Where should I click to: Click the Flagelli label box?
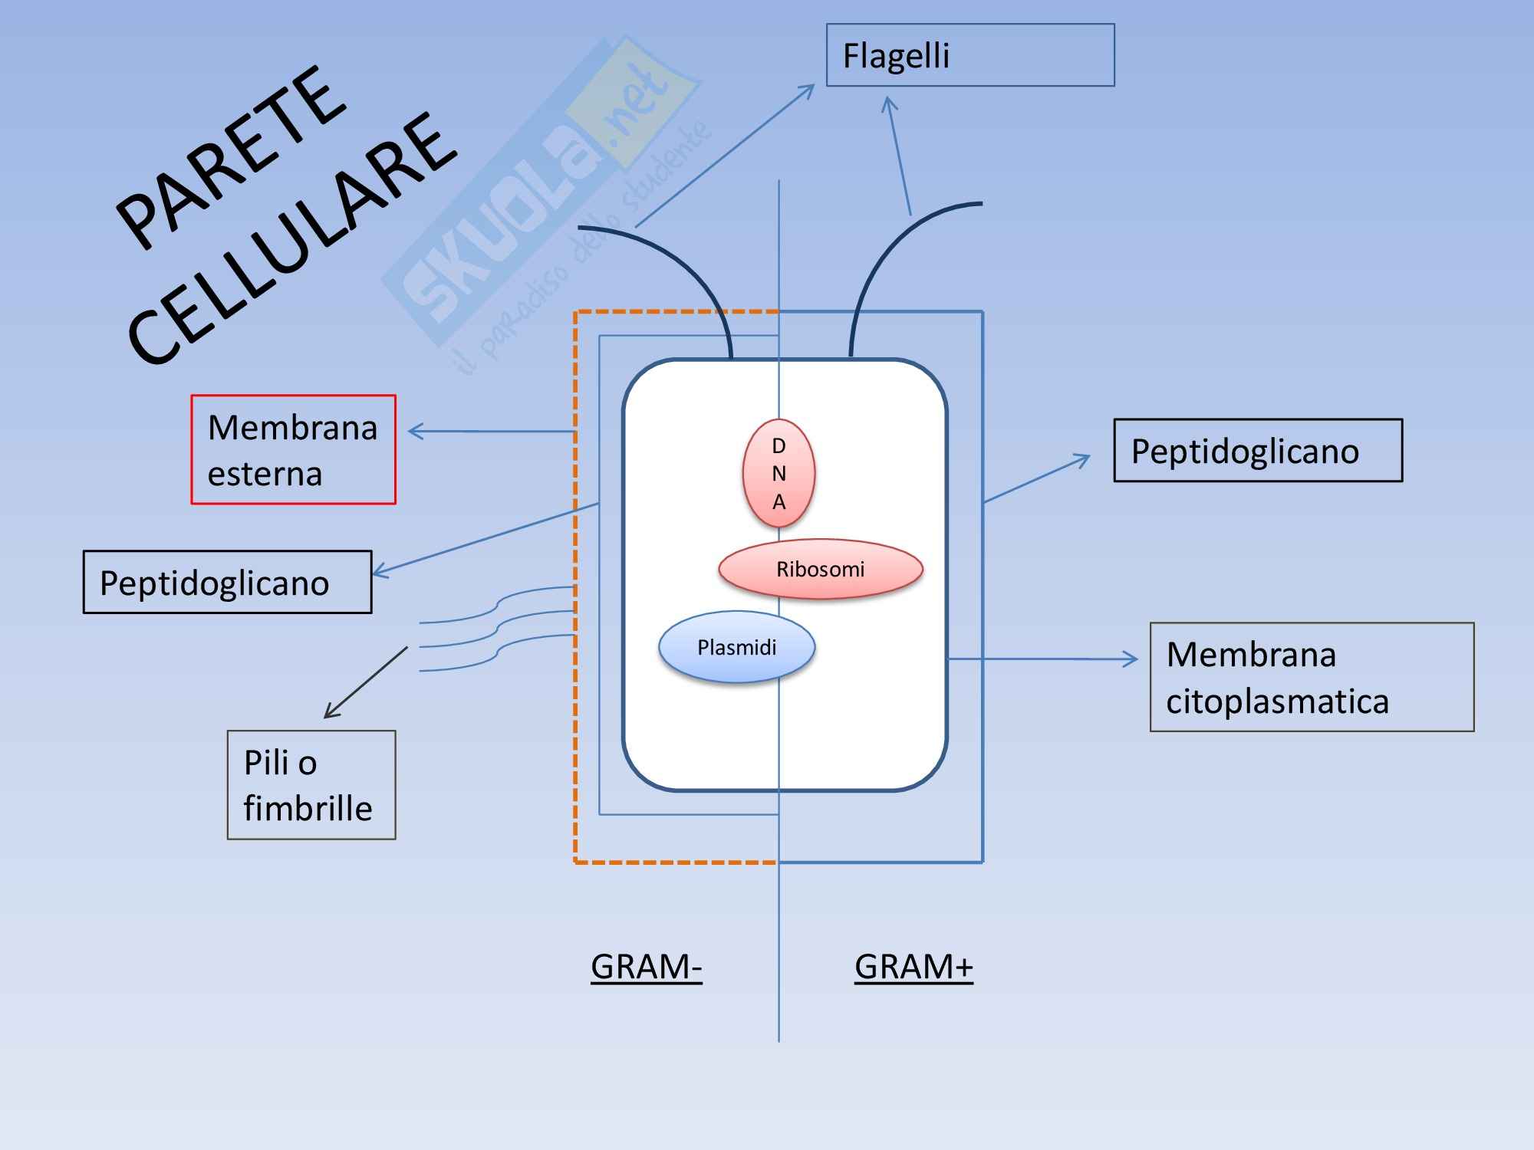[x=969, y=55]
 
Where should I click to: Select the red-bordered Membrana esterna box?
[x=293, y=449]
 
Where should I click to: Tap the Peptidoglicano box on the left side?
[x=227, y=582]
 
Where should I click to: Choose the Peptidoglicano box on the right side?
[x=1258, y=451]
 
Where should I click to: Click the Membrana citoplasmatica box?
[x=1312, y=677]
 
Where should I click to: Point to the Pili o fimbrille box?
[x=311, y=784]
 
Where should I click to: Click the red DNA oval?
[x=779, y=473]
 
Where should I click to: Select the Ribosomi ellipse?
[x=820, y=569]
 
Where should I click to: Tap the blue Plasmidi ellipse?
[x=736, y=647]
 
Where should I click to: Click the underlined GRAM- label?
[x=646, y=966]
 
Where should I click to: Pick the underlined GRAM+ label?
[x=913, y=966]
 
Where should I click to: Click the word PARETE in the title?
[x=230, y=157]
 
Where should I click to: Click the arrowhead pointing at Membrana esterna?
[x=414, y=432]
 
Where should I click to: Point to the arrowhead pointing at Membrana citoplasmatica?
[x=1131, y=659]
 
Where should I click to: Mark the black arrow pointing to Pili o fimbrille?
[x=365, y=682]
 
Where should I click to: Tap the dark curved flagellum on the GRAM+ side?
[x=882, y=261]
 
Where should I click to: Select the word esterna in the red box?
[x=265, y=474]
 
